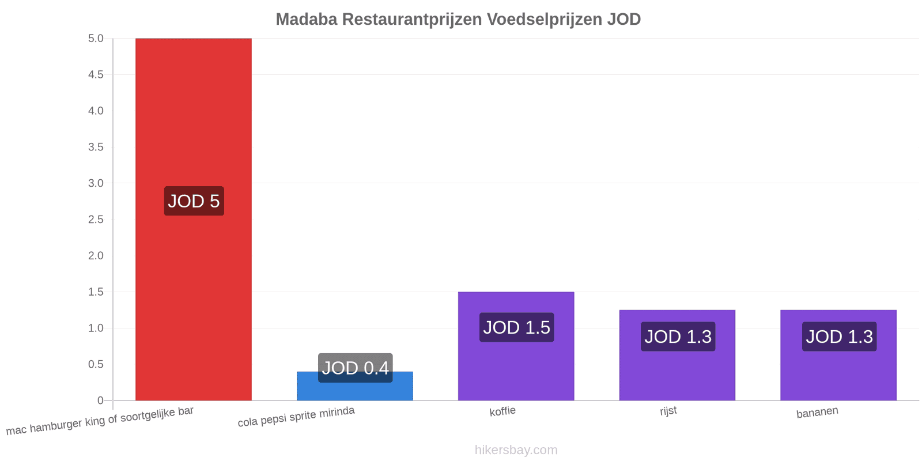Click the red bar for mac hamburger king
pyautogui.click(x=194, y=220)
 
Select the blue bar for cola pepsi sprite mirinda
pyautogui.click(x=355, y=386)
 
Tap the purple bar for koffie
pyautogui.click(x=516, y=346)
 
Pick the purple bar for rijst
pyautogui.click(x=677, y=355)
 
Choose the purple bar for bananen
pyautogui.click(x=838, y=355)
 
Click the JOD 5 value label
pyautogui.click(x=194, y=201)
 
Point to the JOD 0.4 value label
pyautogui.click(x=355, y=368)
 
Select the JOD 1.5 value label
pyautogui.click(x=516, y=327)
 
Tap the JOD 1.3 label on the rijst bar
pyautogui.click(x=678, y=337)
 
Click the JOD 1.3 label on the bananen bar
pyautogui.click(x=839, y=337)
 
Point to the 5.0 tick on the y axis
pyautogui.click(x=96, y=38)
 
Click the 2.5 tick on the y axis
pyautogui.click(x=96, y=220)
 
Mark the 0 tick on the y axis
pyautogui.click(x=100, y=400)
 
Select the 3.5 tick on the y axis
pyautogui.click(x=96, y=147)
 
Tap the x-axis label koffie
pyautogui.click(x=502, y=411)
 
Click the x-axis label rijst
pyautogui.click(x=668, y=411)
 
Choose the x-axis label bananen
pyautogui.click(x=817, y=412)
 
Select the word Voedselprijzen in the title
pyautogui.click(x=545, y=20)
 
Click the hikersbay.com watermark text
pyautogui.click(x=516, y=449)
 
